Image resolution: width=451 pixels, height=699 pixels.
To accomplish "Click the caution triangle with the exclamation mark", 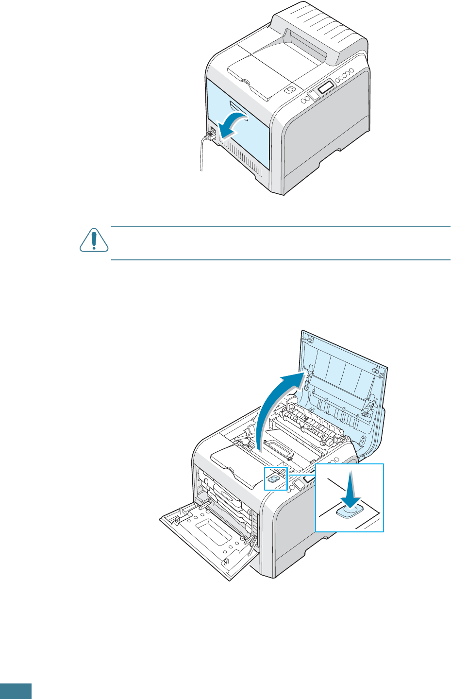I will point(93,240).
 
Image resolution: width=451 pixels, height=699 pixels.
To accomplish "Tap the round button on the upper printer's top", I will point(289,90).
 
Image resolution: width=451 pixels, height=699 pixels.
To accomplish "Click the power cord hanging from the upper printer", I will point(201,155).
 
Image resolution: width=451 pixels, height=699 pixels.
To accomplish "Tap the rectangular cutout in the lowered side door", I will point(209,532).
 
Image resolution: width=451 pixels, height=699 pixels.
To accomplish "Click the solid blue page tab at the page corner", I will point(16,691).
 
